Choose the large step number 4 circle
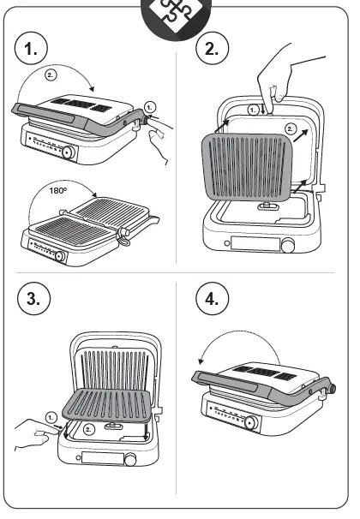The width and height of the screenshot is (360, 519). [x=211, y=300]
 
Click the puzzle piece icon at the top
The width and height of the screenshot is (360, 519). [x=179, y=16]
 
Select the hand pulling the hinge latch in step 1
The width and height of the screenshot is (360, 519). [x=159, y=137]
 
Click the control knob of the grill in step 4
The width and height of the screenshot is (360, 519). [x=250, y=423]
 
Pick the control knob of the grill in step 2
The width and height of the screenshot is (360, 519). [x=289, y=246]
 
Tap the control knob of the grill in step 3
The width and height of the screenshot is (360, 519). [x=129, y=460]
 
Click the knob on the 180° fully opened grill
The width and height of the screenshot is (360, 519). [x=59, y=255]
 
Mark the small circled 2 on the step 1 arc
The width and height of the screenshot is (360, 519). [x=50, y=75]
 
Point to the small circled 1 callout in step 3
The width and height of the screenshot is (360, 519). [x=51, y=416]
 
